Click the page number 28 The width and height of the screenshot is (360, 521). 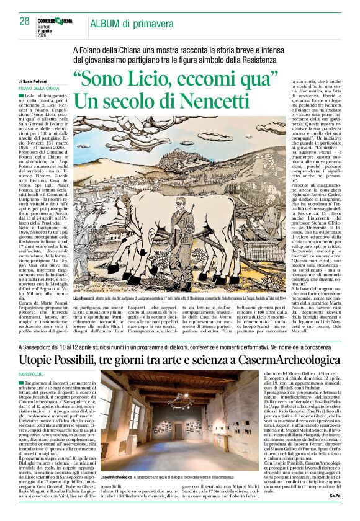tap(24, 21)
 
